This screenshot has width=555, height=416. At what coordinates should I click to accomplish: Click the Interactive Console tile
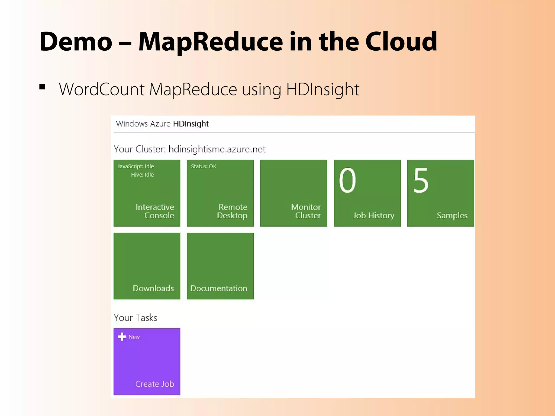tap(147, 193)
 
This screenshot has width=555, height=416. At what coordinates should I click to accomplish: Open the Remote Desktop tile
tap(220, 193)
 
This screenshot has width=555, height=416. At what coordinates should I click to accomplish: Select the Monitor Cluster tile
tap(293, 193)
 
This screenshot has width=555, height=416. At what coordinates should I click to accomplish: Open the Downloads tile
tap(147, 266)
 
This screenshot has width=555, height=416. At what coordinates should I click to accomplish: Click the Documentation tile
tap(220, 266)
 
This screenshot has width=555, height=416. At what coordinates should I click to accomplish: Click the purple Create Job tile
tap(147, 362)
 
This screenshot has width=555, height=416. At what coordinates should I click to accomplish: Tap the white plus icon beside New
tap(122, 337)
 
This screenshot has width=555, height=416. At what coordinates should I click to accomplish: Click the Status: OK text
tap(204, 166)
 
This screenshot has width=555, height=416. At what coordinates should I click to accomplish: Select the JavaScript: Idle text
tap(135, 166)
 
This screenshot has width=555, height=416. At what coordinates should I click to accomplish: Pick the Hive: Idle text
tap(142, 175)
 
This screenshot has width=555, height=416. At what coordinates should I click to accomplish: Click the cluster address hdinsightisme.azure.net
tap(217, 149)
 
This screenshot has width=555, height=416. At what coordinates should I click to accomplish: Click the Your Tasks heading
tap(135, 317)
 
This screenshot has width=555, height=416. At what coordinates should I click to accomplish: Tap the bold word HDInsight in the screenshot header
tap(191, 124)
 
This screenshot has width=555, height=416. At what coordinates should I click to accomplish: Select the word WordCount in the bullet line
tap(102, 89)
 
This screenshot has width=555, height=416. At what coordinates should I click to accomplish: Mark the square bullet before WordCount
tap(42, 87)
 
